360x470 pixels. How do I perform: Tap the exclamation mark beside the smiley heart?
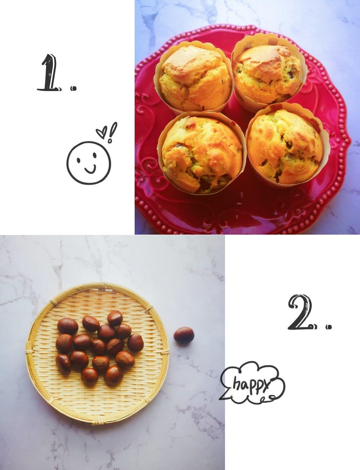pos(112,132)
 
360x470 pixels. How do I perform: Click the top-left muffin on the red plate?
pos(194,78)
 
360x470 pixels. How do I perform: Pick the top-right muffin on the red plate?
pos(268,72)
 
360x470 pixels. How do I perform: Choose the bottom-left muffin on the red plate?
pos(201,154)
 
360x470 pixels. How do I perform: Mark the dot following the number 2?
pos(329,327)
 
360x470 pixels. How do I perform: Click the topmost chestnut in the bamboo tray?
pos(115,318)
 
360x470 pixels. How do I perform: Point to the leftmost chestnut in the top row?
pos(68,326)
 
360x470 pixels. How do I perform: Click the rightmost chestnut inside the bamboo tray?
pos(135,343)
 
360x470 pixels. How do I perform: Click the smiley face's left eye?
pos(78,161)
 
